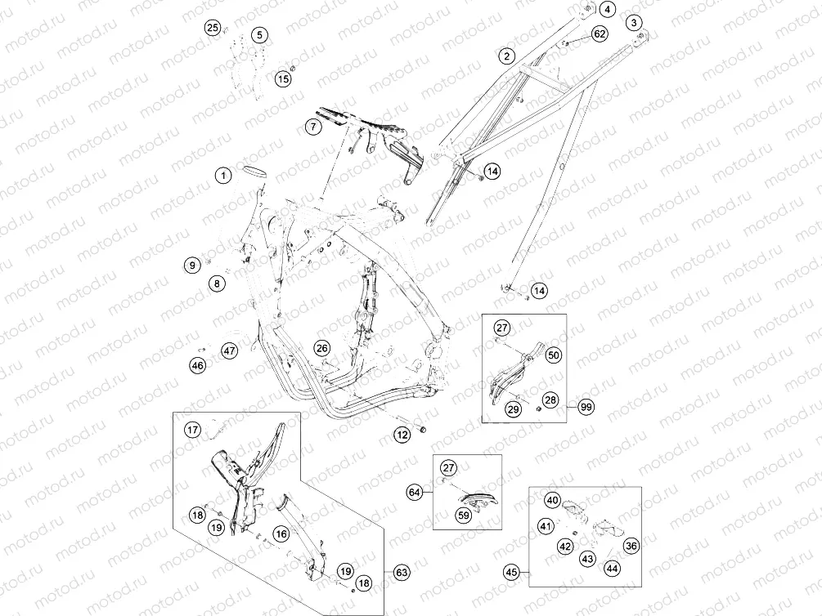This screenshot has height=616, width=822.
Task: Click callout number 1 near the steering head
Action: tap(224, 175)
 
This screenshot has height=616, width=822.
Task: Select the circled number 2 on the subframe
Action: tap(506, 56)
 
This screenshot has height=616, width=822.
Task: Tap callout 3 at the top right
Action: tap(635, 23)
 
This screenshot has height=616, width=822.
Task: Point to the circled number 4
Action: tap(607, 10)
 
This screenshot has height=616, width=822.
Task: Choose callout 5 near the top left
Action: tap(259, 35)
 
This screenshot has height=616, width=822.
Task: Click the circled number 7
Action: tap(313, 127)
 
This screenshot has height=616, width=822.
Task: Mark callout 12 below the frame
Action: tap(402, 435)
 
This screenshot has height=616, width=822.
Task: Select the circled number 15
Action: tap(283, 79)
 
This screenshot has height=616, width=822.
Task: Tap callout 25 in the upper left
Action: tap(213, 27)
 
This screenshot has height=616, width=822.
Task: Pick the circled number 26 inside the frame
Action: tap(322, 348)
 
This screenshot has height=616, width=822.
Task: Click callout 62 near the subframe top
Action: tap(600, 34)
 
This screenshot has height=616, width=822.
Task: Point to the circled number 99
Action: tap(586, 407)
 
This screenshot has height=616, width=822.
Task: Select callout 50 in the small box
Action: tap(553, 355)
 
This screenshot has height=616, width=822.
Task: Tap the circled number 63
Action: tap(402, 573)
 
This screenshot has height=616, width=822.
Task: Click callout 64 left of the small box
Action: tap(415, 493)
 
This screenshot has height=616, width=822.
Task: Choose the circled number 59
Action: tap(464, 516)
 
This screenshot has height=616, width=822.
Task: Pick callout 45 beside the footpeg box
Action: tap(512, 573)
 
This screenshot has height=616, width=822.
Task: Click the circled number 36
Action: tap(631, 546)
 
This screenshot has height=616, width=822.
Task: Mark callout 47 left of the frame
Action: tap(230, 350)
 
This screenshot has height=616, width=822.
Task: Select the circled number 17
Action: tap(193, 430)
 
